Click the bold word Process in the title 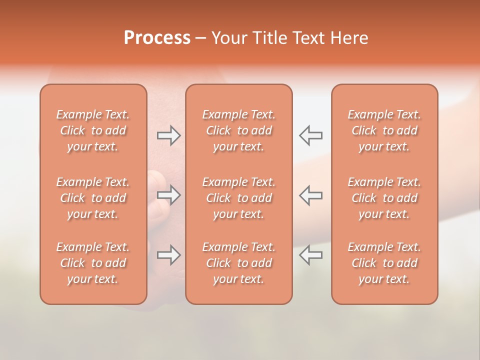pyautogui.click(x=157, y=38)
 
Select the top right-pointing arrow pyautogui.click(x=168, y=135)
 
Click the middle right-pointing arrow pyautogui.click(x=168, y=195)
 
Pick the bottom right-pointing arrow pyautogui.click(x=168, y=255)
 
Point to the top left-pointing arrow pyautogui.click(x=310, y=135)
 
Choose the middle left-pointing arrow pyautogui.click(x=310, y=195)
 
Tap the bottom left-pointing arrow pyautogui.click(x=310, y=255)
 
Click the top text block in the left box pyautogui.click(x=93, y=130)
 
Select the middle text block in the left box pyautogui.click(x=93, y=198)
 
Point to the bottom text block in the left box pyautogui.click(x=93, y=263)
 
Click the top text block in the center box pyautogui.click(x=238, y=130)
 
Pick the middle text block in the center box pyautogui.click(x=238, y=198)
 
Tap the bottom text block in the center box pyautogui.click(x=238, y=263)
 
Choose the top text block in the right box pyautogui.click(x=384, y=130)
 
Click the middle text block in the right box pyautogui.click(x=384, y=198)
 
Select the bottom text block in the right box pyautogui.click(x=384, y=263)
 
